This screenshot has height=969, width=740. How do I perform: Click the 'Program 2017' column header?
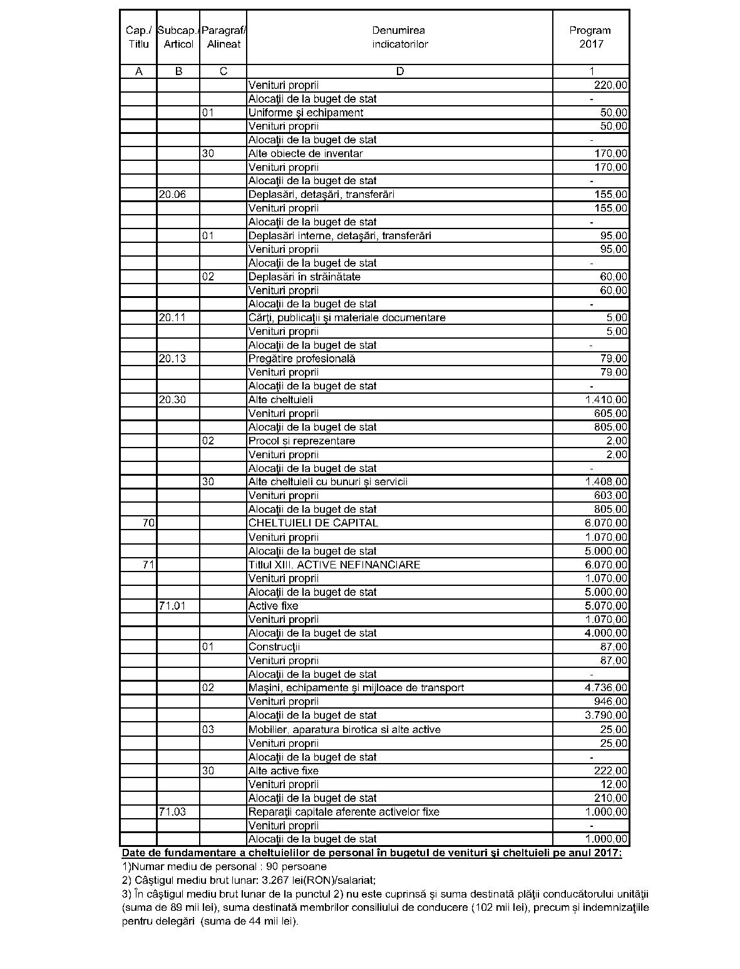click(x=590, y=37)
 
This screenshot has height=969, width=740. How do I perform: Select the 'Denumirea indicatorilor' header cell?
click(x=399, y=37)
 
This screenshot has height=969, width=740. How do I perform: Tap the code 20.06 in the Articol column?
click(x=172, y=195)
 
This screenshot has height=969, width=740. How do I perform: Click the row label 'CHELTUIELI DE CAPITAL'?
click(x=313, y=523)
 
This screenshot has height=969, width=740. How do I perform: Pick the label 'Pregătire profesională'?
click(x=302, y=359)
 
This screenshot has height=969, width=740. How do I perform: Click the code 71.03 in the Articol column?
click(x=172, y=812)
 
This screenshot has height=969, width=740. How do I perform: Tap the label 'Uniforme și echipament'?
click(x=306, y=113)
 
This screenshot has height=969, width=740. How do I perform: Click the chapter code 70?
click(x=148, y=523)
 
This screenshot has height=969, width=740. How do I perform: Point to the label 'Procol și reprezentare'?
click(x=302, y=441)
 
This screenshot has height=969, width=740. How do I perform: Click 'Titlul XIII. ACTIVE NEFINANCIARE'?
click(x=334, y=565)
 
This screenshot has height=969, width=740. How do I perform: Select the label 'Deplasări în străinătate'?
click(x=304, y=277)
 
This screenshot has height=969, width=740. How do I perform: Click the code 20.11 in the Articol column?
click(x=172, y=318)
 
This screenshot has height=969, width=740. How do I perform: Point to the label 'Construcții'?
click(x=274, y=647)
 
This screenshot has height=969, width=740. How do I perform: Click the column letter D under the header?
click(x=400, y=71)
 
